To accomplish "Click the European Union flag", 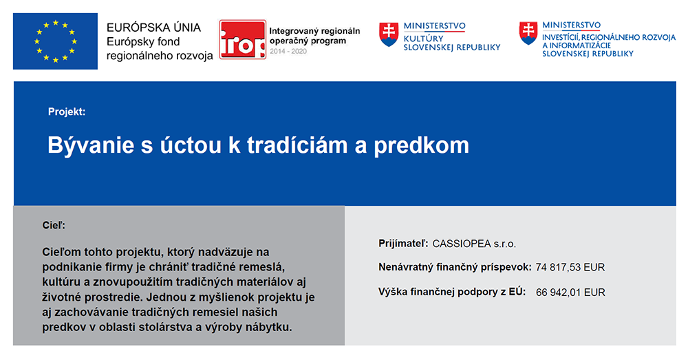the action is coord(55,41).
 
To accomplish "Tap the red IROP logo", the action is coord(243,39).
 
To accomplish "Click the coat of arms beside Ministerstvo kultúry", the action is coord(389,34).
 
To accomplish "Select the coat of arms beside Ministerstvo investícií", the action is coord(528,33).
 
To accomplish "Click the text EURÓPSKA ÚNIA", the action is coord(153,28).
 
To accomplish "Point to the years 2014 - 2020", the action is coord(288,52).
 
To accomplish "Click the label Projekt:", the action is coord(67,112).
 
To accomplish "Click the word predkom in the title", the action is coord(421,146).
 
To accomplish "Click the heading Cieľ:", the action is coord(54,225).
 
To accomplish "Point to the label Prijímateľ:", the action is coord(403,244).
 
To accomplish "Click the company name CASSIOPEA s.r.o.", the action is coord(474,244).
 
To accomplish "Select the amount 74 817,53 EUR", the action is coord(570,267).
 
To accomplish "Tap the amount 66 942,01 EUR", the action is coord(570,293).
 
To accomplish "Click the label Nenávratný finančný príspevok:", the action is coord(455,267).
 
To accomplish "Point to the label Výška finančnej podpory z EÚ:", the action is coord(452,293).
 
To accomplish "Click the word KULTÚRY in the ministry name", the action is coord(423,39).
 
